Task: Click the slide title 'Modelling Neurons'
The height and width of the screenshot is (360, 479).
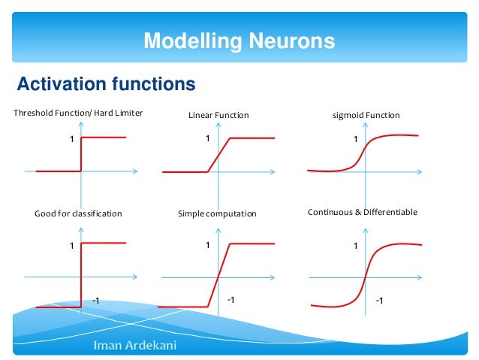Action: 239,40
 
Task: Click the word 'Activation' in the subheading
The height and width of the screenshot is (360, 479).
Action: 61,83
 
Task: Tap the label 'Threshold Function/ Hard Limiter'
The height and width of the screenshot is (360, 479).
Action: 78,113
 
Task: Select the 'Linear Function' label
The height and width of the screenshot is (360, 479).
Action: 218,115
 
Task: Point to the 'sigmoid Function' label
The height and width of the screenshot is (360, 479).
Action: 366,115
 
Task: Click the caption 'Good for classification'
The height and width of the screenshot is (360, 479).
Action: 78,213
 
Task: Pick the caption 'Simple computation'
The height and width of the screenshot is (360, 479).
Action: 217,213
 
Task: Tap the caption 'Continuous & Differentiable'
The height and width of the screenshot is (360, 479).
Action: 363,213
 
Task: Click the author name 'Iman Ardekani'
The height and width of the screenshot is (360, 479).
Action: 128,346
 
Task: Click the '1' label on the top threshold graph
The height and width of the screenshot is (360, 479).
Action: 72,139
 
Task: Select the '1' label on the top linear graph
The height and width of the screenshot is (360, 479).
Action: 207,138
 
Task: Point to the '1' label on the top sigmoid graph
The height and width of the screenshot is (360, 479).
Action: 356,139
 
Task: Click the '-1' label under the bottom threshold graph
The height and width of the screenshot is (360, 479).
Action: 95,301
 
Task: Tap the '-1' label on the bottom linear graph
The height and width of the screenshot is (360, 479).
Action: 230,300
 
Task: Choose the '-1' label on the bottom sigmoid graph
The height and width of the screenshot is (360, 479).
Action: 379,301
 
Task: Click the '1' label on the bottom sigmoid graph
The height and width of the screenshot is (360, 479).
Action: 355,246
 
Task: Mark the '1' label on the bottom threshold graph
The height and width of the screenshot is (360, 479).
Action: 72,246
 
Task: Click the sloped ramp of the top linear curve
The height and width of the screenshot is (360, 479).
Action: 219,155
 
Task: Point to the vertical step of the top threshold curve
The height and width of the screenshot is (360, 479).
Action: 81,154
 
